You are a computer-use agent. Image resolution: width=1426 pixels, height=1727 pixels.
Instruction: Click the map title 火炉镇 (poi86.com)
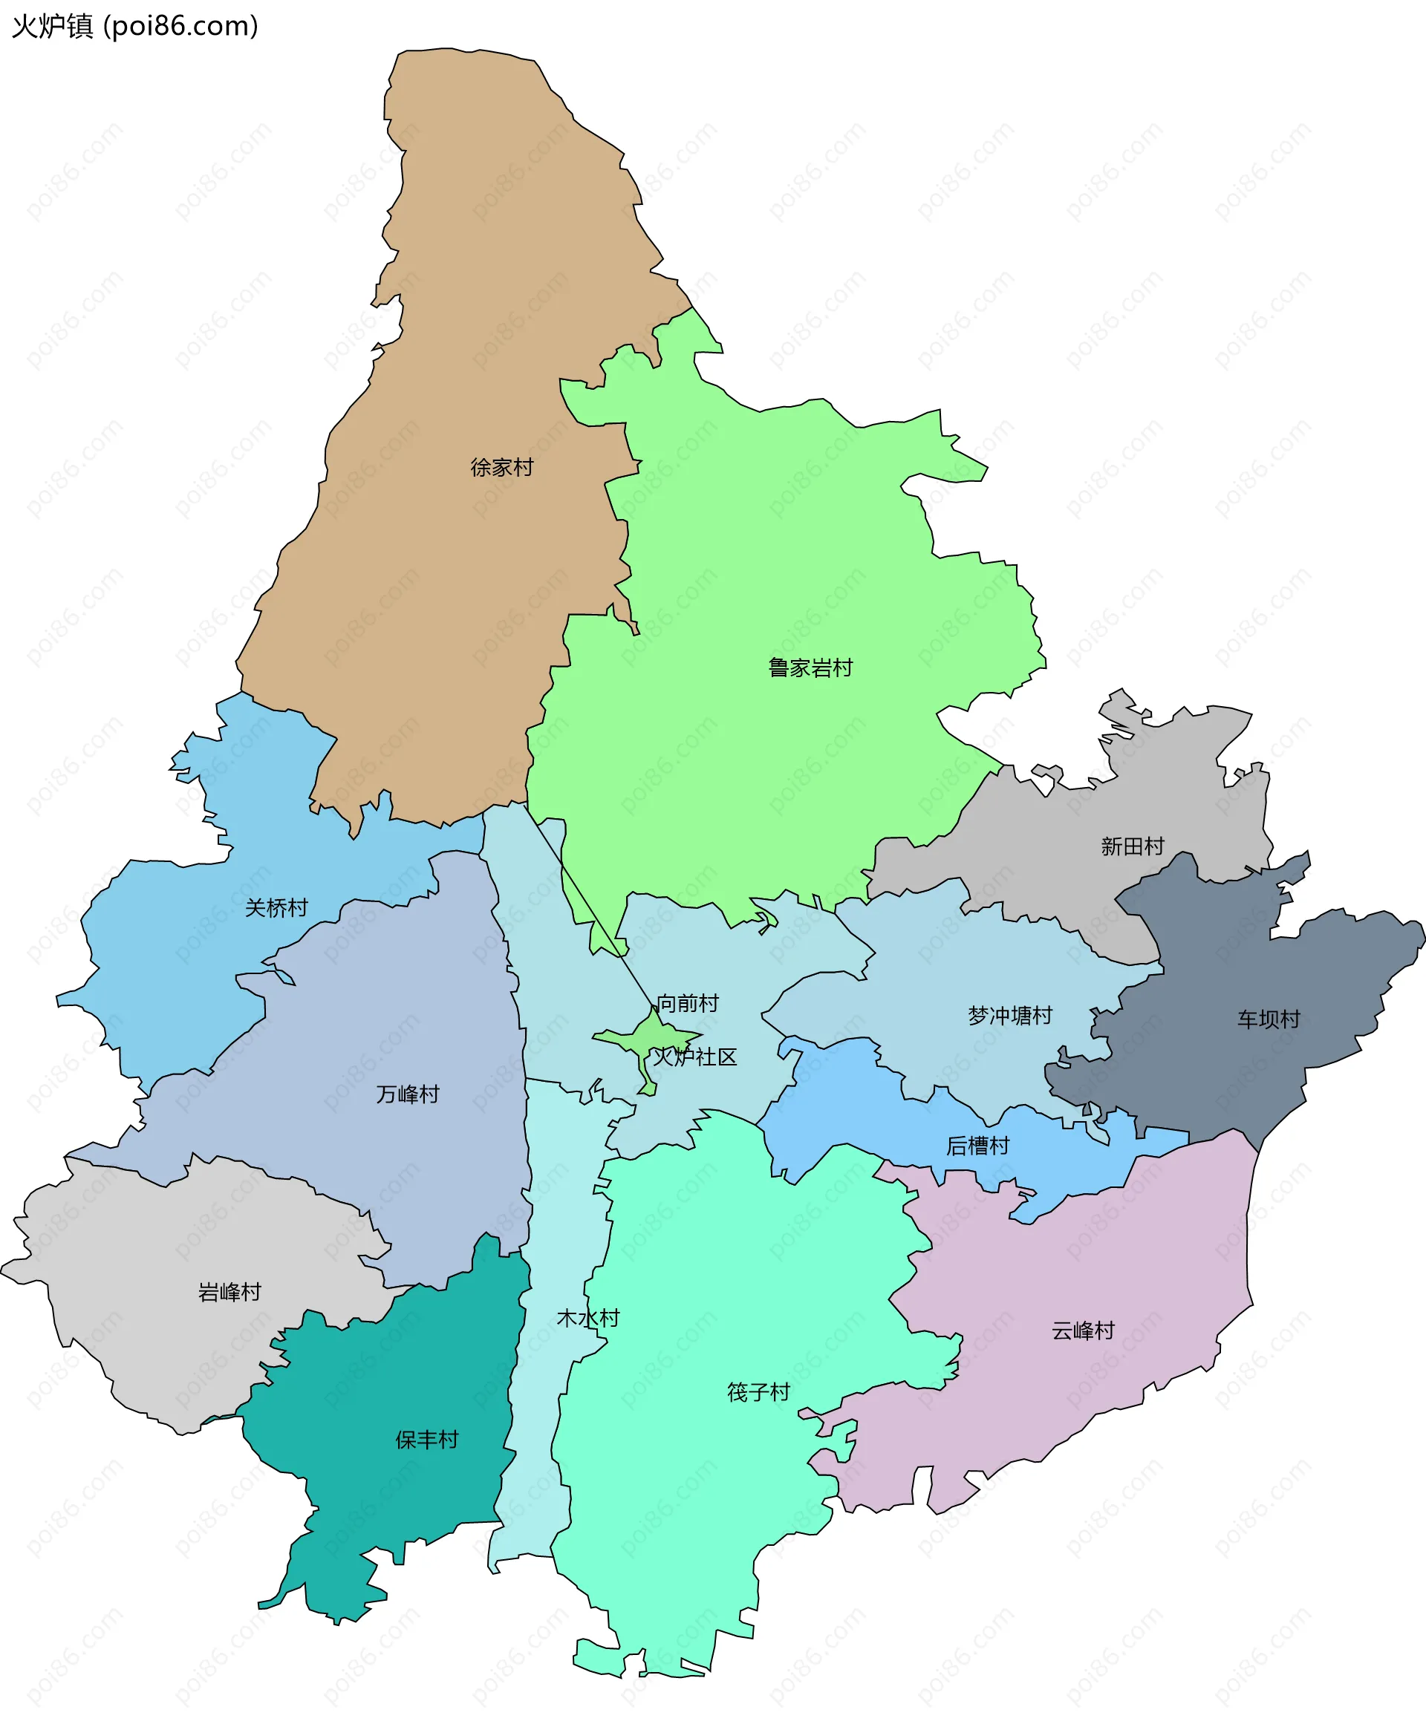pyautogui.click(x=134, y=26)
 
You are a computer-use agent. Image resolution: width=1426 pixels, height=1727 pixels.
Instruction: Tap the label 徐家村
pyautogui.click(x=502, y=467)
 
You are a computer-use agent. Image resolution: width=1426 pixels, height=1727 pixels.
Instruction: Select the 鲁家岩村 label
pyautogui.click(x=810, y=667)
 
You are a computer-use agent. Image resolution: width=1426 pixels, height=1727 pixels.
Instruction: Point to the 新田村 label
pyautogui.click(x=1132, y=846)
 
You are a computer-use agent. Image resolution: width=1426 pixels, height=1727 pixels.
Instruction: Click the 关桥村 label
pyautogui.click(x=276, y=907)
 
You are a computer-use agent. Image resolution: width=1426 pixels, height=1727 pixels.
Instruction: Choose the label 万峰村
pyautogui.click(x=408, y=1094)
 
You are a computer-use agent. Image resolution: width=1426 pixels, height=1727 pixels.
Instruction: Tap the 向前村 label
pyautogui.click(x=688, y=1002)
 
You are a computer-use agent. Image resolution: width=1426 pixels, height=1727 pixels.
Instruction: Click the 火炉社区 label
pyautogui.click(x=695, y=1057)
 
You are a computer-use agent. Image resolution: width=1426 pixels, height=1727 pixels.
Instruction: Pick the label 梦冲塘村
pyautogui.click(x=1009, y=1016)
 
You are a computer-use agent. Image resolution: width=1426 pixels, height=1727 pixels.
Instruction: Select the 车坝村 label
pyautogui.click(x=1269, y=1019)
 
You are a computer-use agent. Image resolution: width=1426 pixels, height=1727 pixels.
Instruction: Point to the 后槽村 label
pyautogui.click(x=977, y=1146)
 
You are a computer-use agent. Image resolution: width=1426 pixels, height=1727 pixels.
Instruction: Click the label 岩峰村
pyautogui.click(x=229, y=1292)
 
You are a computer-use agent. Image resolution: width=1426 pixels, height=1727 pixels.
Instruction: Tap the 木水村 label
pyautogui.click(x=588, y=1318)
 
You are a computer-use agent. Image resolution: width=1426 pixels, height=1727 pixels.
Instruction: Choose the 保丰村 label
pyautogui.click(x=426, y=1440)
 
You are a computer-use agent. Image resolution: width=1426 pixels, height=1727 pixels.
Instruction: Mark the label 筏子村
pyautogui.click(x=758, y=1392)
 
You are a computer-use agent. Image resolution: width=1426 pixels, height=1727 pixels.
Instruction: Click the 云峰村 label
pyautogui.click(x=1083, y=1331)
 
